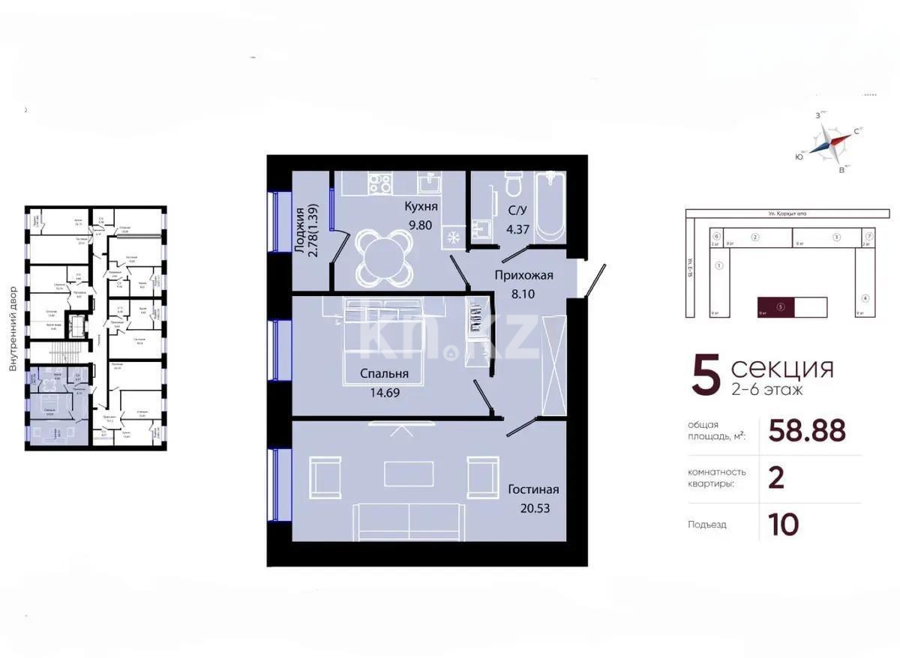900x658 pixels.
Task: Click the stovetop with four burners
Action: (x=379, y=183)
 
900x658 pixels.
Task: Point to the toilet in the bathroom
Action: (x=514, y=184)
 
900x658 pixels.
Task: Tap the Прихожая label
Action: (x=523, y=275)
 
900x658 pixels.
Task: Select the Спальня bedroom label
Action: (x=384, y=374)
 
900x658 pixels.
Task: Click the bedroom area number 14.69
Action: (x=384, y=390)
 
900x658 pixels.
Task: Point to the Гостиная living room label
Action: (x=533, y=489)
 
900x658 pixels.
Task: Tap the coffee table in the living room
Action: (x=409, y=473)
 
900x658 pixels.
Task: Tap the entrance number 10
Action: (x=783, y=525)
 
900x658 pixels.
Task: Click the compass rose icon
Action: (x=834, y=142)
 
